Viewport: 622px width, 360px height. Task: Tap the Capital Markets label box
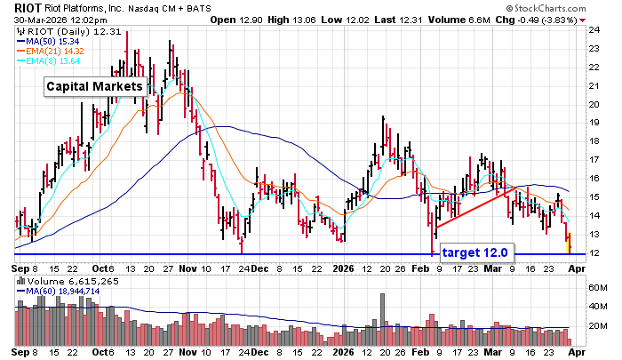pos(93,87)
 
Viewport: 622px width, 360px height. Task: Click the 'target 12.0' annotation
pos(474,253)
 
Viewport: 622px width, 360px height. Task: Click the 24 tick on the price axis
pos(589,28)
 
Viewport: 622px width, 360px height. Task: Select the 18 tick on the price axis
pos(589,141)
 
